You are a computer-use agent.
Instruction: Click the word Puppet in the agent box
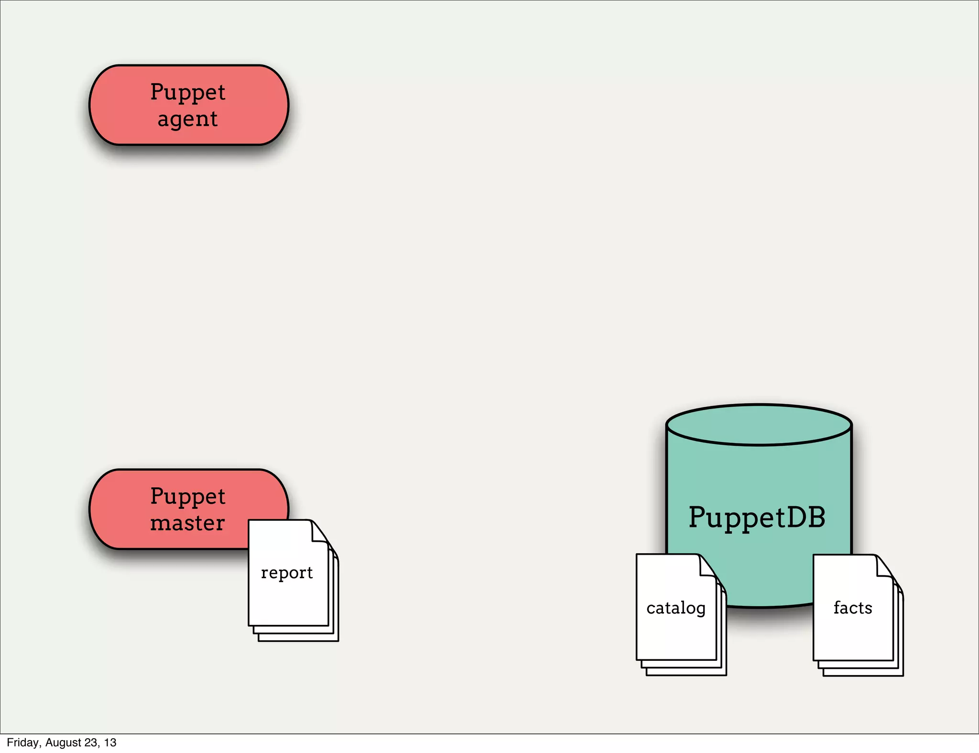(x=187, y=92)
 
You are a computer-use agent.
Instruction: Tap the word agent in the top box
(x=187, y=118)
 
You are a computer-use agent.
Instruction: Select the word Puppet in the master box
(x=187, y=496)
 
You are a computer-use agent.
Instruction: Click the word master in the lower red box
(x=187, y=523)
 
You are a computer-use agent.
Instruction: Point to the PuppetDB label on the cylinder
(x=757, y=517)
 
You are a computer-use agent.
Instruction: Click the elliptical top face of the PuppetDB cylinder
(x=759, y=425)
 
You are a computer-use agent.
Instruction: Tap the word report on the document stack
(x=287, y=572)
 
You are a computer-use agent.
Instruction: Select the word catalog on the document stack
(x=676, y=608)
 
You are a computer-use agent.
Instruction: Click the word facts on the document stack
(x=853, y=608)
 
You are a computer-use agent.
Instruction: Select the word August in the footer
(x=63, y=742)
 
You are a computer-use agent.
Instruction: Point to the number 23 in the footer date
(x=91, y=742)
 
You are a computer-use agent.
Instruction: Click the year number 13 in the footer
(x=110, y=742)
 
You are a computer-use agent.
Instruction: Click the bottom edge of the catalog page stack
(x=686, y=674)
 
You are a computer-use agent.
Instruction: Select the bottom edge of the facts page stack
(x=863, y=675)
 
